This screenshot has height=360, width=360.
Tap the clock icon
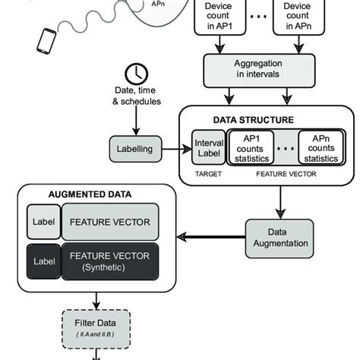(136, 74)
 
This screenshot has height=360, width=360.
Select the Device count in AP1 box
(220, 17)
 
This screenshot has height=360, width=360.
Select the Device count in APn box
(297, 17)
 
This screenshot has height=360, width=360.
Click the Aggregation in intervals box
(258, 69)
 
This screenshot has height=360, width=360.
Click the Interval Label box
(207, 149)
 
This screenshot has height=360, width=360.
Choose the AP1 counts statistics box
(251, 149)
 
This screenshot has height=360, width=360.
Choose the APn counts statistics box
(317, 149)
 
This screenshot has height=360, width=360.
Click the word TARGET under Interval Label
(207, 173)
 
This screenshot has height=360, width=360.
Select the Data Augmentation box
(279, 238)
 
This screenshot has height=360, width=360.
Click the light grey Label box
(43, 223)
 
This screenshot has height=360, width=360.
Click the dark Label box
(43, 262)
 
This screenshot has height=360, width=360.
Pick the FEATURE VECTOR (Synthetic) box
(109, 262)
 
